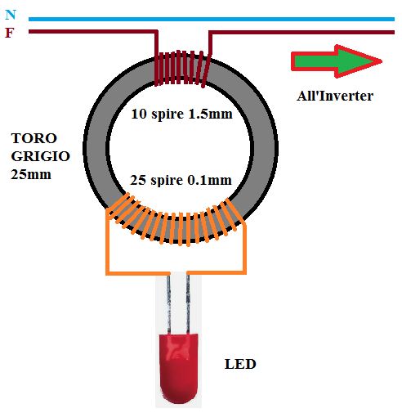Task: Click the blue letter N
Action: click(x=11, y=15)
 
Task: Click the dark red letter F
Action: click(x=10, y=33)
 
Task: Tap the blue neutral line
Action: click(x=212, y=19)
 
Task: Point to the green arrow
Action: click(x=337, y=61)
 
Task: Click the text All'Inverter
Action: click(x=335, y=96)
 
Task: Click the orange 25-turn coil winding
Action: click(x=175, y=220)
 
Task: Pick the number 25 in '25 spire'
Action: click(x=138, y=180)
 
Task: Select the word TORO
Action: click(x=34, y=138)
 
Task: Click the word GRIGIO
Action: click(x=41, y=156)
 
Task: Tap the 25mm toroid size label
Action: click(x=31, y=174)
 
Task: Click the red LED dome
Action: click(x=178, y=368)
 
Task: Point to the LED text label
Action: click(x=240, y=364)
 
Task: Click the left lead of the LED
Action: click(x=169, y=303)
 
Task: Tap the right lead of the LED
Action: click(x=188, y=303)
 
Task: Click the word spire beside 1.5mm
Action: click(x=167, y=114)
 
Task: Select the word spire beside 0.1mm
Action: click(x=167, y=181)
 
